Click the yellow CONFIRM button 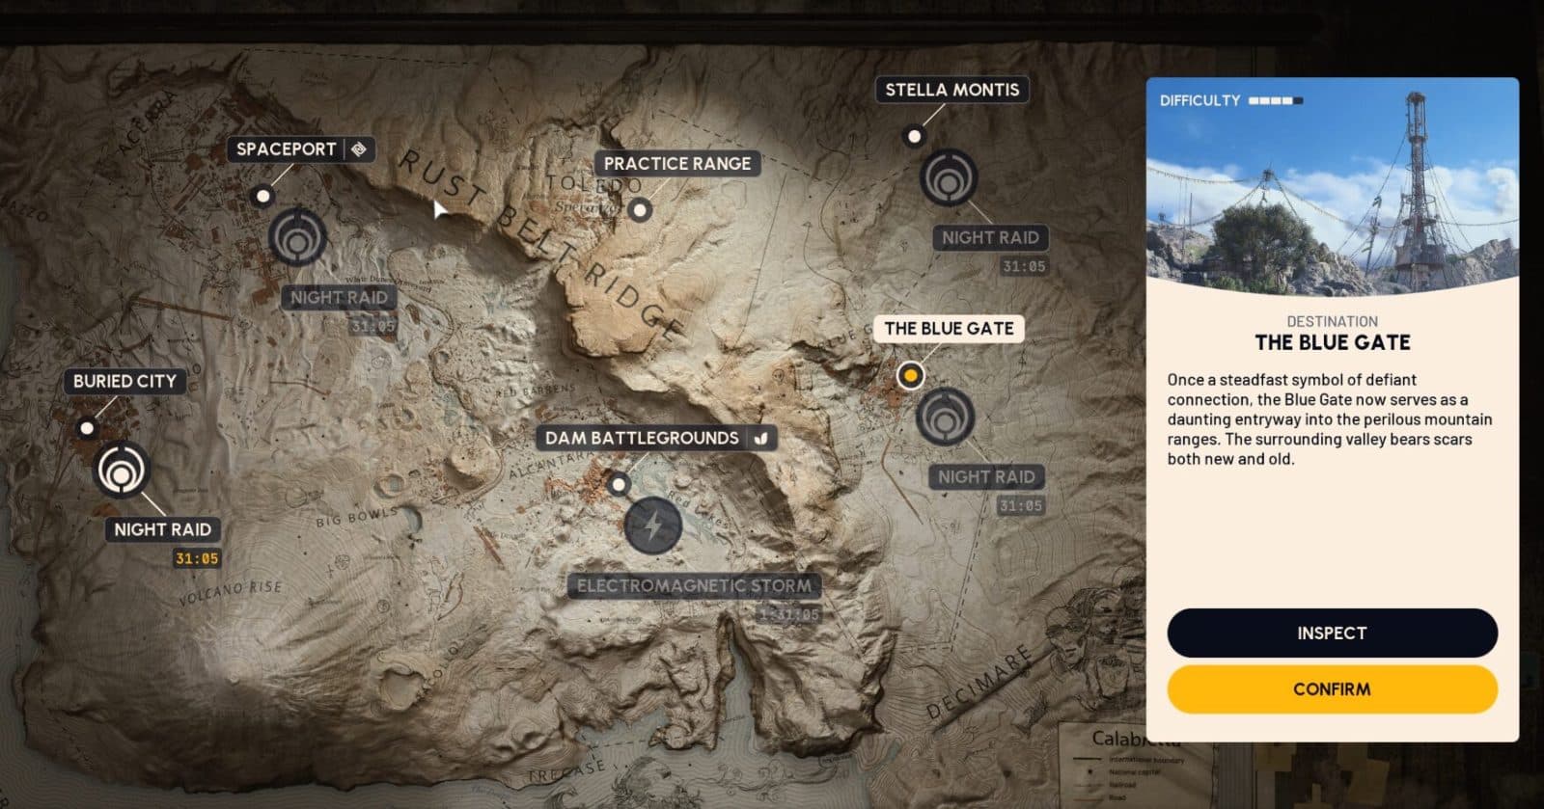tap(1332, 689)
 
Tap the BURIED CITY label tap(124, 381)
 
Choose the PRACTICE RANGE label tap(676, 164)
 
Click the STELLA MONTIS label tap(951, 90)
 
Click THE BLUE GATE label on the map tap(949, 329)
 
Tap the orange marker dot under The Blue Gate tap(910, 375)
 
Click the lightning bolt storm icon tap(653, 526)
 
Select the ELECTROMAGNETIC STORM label tap(694, 585)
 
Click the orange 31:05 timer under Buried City tap(197, 558)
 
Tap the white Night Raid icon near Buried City tap(122, 471)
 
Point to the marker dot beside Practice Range tap(640, 209)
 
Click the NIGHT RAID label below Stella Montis tap(990, 237)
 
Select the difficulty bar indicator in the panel tap(1275, 100)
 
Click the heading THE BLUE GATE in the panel tap(1332, 342)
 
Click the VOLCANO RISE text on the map tap(231, 592)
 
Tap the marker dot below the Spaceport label tap(262, 196)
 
